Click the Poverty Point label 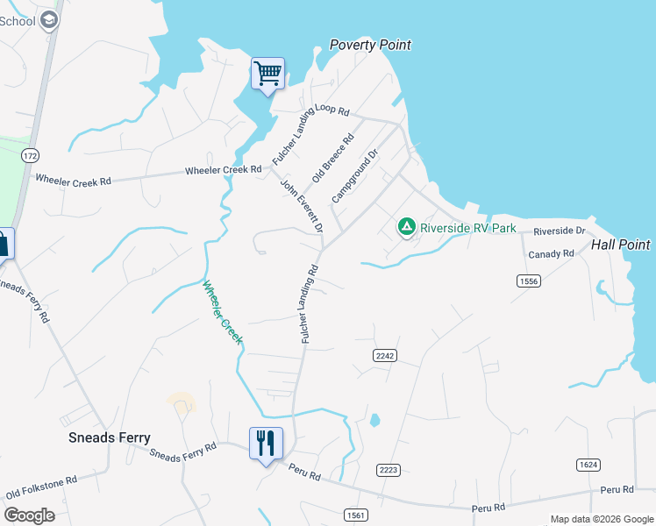(369, 45)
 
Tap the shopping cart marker (267, 74)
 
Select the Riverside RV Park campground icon (406, 227)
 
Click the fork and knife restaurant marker (266, 443)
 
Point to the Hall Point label (621, 245)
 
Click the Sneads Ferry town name (110, 437)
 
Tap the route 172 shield (31, 155)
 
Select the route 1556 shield (527, 281)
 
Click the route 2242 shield (385, 355)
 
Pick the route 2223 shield (389, 471)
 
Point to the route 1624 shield (588, 464)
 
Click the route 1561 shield (355, 515)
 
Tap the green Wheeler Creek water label (221, 312)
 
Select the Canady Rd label (551, 254)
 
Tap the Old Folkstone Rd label (41, 487)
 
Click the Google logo (29, 515)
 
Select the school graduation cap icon (49, 20)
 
